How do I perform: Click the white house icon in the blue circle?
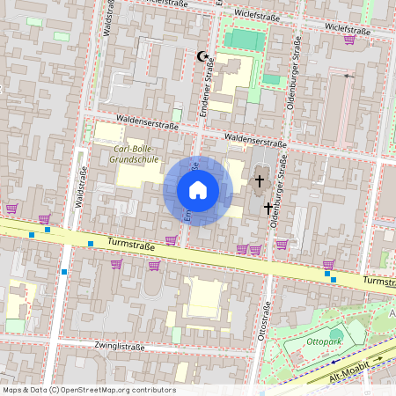198,190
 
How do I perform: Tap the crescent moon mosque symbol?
204,56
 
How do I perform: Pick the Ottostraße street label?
263,326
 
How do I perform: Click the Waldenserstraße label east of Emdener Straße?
256,138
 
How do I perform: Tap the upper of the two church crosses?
260,181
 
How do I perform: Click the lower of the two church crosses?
268,208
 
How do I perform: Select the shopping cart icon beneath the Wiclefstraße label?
350,40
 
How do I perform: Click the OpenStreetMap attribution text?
88,389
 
